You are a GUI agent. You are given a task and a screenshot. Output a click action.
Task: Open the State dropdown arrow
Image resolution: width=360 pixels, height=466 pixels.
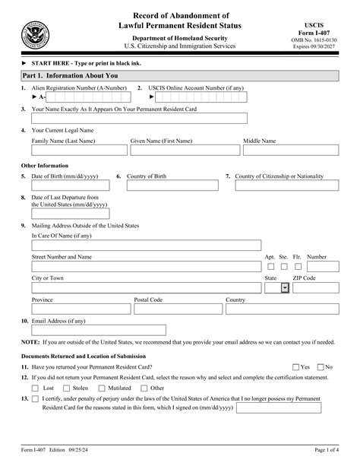(285, 288)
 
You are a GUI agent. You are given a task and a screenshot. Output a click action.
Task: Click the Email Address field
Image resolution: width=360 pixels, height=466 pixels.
(98, 329)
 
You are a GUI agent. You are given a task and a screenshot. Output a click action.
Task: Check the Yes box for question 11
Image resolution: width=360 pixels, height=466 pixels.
(296, 366)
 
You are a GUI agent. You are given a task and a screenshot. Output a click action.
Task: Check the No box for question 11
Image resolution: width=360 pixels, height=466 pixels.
(320, 366)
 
